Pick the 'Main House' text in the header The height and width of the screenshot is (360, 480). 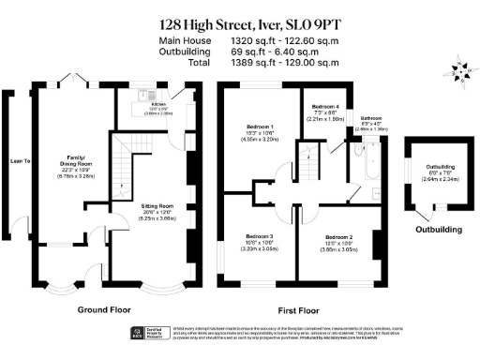coord(185,41)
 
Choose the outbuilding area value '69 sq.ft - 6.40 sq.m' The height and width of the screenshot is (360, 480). coord(279,53)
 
